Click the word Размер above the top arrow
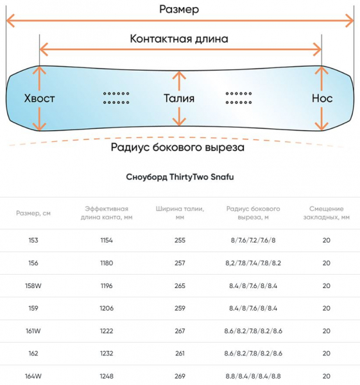(179, 10)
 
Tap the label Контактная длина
(179, 38)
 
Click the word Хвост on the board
(39, 98)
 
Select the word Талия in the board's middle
(179, 98)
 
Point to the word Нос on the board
(322, 98)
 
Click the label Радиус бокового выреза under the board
(178, 148)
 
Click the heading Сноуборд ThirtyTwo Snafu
(180, 177)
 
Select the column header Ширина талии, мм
(180, 213)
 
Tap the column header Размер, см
(33, 213)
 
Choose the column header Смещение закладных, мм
(327, 213)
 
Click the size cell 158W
(33, 286)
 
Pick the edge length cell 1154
(107, 240)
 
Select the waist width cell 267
(180, 331)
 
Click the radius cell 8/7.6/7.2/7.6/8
(253, 240)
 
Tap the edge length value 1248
(107, 376)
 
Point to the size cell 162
(33, 354)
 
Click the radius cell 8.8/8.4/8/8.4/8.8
(253, 376)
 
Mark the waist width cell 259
(180, 308)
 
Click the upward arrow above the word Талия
(179, 81)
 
